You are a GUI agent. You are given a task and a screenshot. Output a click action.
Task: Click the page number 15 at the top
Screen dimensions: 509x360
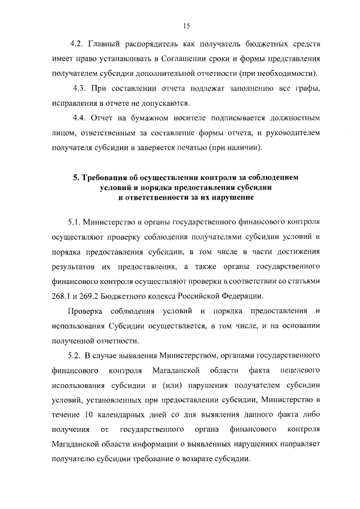(187, 25)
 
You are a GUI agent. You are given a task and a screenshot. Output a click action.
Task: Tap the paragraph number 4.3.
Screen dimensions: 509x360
(81, 89)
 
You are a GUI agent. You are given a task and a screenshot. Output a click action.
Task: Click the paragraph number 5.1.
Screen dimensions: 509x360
(75, 223)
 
